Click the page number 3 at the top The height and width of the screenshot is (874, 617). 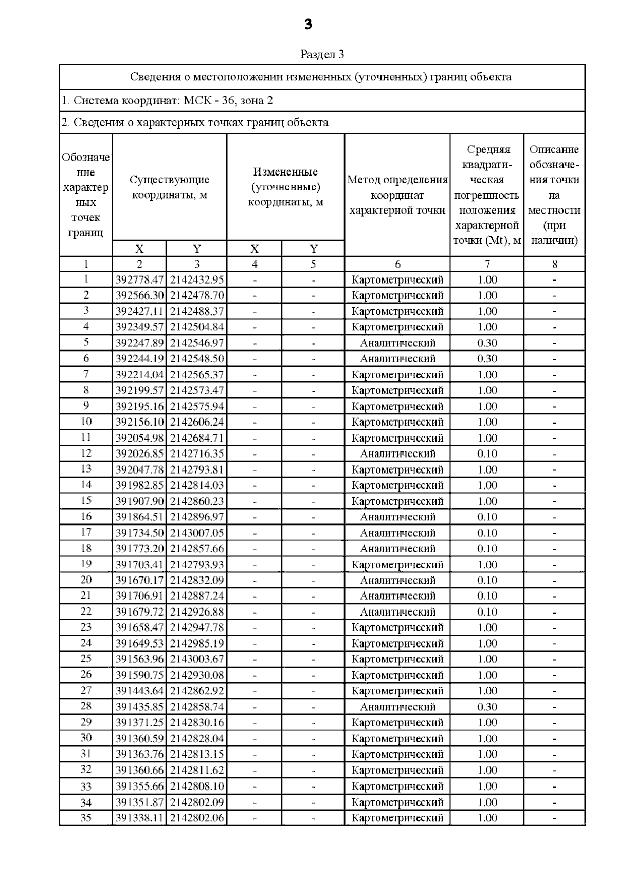(x=308, y=24)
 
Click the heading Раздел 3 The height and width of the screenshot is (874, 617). (x=322, y=54)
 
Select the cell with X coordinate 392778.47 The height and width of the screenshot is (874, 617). (x=139, y=280)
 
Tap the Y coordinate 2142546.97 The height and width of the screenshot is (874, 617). (x=197, y=343)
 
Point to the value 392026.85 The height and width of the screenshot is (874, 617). (x=139, y=454)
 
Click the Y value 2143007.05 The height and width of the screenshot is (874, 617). (x=197, y=533)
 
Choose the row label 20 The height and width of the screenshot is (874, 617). (x=86, y=580)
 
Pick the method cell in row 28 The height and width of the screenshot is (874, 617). (x=397, y=707)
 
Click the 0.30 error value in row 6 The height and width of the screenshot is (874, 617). (x=487, y=359)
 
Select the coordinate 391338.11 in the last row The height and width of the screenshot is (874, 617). (x=139, y=818)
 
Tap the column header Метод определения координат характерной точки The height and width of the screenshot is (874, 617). (x=397, y=195)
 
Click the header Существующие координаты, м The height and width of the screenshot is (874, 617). (x=169, y=187)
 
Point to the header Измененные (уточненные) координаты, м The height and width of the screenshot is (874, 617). (x=285, y=187)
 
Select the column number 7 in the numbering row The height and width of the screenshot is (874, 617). (x=487, y=265)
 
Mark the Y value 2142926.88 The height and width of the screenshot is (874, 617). (x=197, y=612)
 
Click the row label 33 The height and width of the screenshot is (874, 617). (x=86, y=786)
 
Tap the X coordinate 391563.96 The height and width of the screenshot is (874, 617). (x=139, y=659)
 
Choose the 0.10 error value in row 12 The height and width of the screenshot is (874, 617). (x=487, y=454)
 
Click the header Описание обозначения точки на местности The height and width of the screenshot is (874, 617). (x=554, y=195)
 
